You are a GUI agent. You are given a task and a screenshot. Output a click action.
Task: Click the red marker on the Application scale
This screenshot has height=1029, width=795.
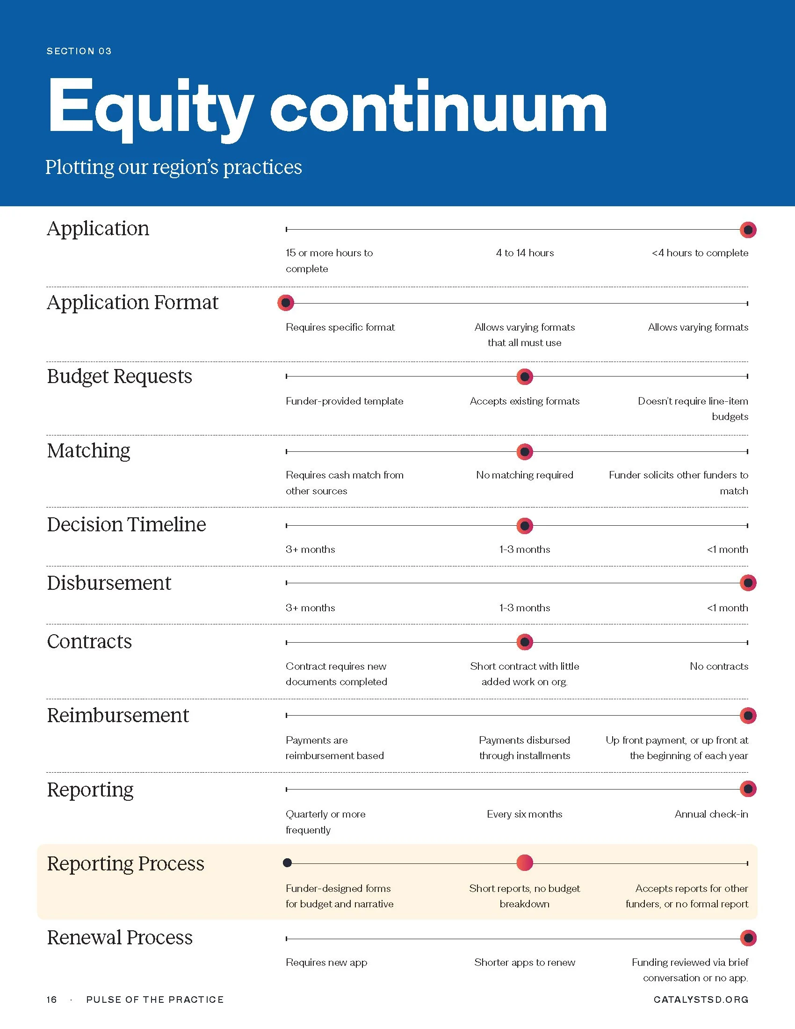(748, 230)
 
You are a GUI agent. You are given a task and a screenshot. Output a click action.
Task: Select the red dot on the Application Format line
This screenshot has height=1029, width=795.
(286, 303)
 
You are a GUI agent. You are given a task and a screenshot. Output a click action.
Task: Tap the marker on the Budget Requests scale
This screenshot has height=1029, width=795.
(525, 377)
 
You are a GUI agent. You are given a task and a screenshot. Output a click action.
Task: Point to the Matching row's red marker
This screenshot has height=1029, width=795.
(525, 452)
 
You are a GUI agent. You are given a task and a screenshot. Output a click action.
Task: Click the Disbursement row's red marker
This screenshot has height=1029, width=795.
(748, 583)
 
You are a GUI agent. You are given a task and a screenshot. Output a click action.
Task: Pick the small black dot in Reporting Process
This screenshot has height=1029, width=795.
(287, 862)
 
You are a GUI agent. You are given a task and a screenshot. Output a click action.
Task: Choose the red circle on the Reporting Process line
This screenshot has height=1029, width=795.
(525, 862)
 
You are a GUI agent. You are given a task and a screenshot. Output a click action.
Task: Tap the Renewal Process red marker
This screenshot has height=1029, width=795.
(748, 938)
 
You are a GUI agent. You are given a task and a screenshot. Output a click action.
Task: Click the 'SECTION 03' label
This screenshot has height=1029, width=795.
(79, 51)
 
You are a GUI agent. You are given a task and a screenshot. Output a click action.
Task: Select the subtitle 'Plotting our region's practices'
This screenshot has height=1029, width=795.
(173, 167)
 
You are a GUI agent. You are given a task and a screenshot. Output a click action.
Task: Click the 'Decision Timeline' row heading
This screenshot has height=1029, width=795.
(126, 524)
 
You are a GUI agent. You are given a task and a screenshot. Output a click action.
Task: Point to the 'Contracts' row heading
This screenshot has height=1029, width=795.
(89, 641)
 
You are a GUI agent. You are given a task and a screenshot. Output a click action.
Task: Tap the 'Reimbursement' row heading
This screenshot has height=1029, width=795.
(118, 715)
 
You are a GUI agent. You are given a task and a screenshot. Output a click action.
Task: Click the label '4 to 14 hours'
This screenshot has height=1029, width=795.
(525, 253)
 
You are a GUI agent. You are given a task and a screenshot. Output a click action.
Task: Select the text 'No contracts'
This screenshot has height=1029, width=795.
(719, 666)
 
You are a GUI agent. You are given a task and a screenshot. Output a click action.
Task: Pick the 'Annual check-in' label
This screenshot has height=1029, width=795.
(711, 814)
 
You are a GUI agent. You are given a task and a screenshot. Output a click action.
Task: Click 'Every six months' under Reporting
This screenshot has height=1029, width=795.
(525, 814)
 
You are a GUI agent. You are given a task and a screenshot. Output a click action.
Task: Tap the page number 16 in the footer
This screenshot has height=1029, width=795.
(51, 1000)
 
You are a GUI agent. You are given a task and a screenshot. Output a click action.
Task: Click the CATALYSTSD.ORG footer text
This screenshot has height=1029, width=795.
(701, 1000)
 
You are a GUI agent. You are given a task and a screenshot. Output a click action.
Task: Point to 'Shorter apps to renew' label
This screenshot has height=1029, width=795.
(525, 963)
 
